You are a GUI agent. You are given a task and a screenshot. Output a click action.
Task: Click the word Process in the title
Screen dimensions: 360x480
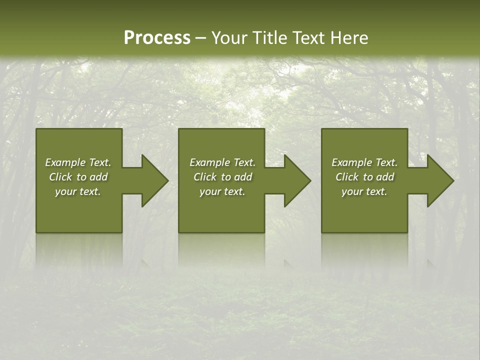pos(157,38)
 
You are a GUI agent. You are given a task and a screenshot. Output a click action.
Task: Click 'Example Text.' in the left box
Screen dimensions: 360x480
pos(78,162)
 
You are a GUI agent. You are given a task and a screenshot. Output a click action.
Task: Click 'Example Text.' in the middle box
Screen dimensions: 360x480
pos(222,162)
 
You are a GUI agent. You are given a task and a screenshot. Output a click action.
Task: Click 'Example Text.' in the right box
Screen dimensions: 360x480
pos(364,162)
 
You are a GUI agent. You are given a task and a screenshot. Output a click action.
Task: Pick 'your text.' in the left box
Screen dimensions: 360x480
pos(78,191)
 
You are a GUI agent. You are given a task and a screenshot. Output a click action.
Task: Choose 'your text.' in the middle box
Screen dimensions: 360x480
pos(222,191)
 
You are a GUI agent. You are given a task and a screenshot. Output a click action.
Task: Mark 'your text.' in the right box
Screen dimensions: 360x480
pos(364,191)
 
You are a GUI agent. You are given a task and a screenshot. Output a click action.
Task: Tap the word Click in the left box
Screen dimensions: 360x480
pos(60,177)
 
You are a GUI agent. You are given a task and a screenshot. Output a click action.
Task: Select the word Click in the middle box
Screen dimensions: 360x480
pos(205,177)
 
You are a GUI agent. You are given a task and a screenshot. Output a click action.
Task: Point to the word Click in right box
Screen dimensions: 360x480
pos(347,177)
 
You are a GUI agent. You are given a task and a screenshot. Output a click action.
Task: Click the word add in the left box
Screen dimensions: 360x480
pos(99,177)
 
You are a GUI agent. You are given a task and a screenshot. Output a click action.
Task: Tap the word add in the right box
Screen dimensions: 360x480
pos(385,177)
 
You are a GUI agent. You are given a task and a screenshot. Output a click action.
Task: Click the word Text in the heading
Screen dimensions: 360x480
pos(311,38)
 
